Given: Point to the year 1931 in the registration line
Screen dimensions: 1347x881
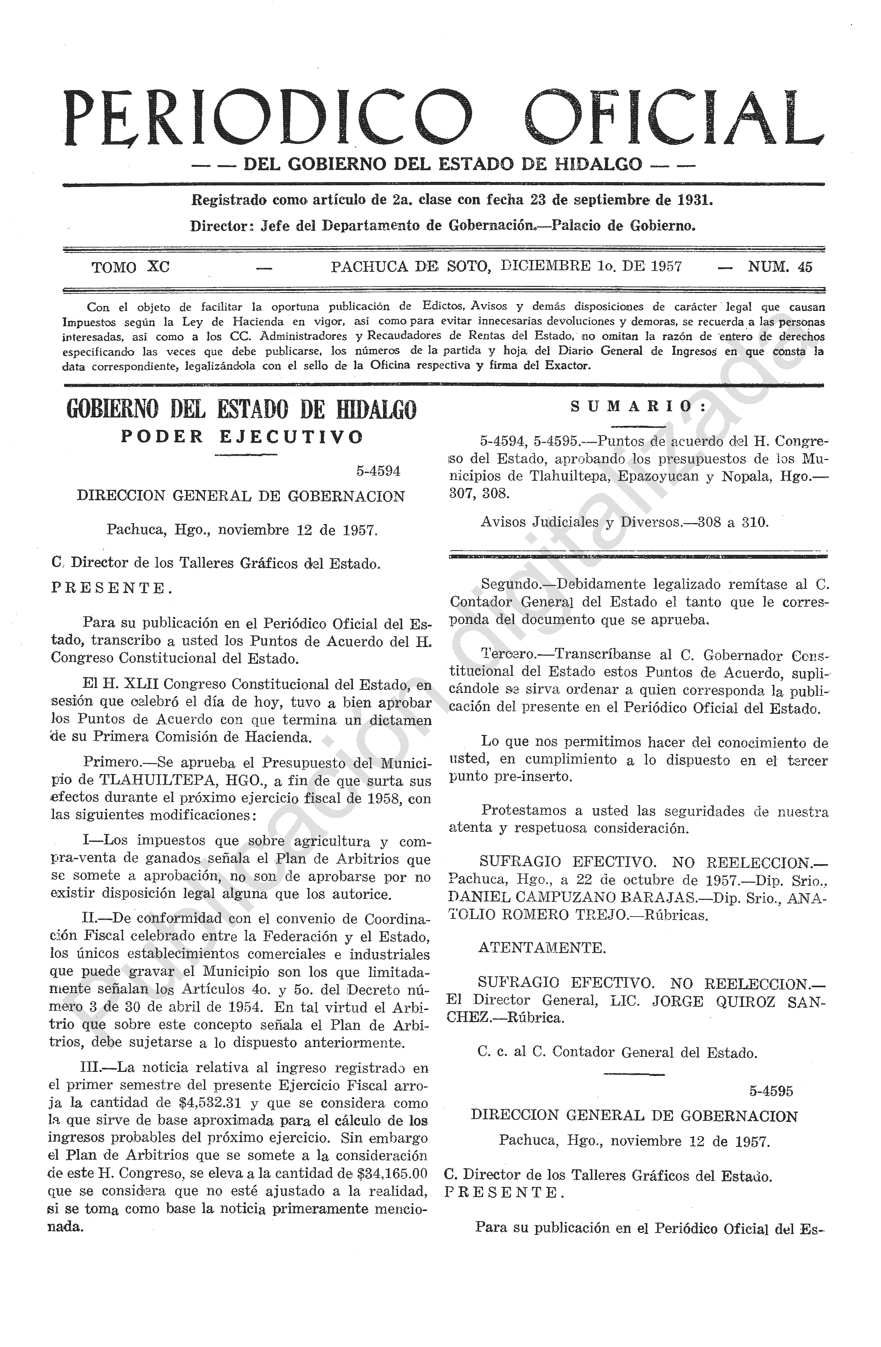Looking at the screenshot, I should point(694,200).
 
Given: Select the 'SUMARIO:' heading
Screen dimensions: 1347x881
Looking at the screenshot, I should point(638,406).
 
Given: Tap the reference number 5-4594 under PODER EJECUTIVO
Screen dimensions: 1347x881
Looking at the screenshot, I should point(378,471).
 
